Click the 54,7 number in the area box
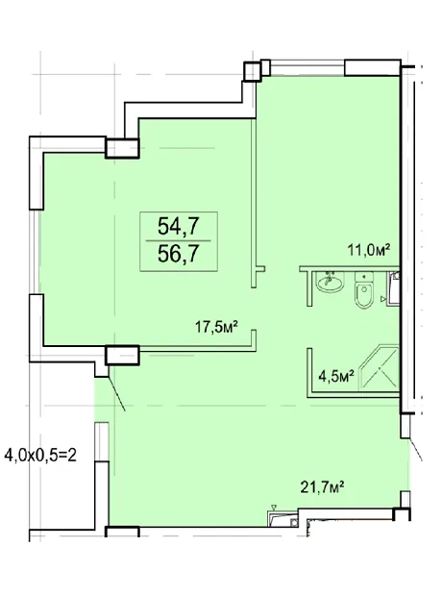pos(179,227)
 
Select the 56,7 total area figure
pos(179,254)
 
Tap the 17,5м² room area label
pos(216,327)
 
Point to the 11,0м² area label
pos(369,250)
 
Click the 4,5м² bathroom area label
pos(336,377)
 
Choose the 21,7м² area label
pos(322,486)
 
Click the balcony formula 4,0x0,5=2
pos(40,455)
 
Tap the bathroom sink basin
pos(330,282)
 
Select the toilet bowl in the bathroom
pos(364,295)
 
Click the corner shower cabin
pos(379,367)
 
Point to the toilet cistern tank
pos(364,277)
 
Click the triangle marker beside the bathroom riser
pos(383,300)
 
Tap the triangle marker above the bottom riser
pos(274,507)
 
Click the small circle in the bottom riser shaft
pos(294,523)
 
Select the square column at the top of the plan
pos(253,71)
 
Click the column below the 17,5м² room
pos(122,355)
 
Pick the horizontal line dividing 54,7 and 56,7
pos(179,240)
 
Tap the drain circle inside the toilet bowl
pos(364,289)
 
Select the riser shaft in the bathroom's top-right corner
pos(394,287)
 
